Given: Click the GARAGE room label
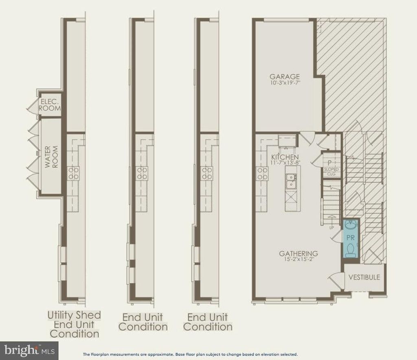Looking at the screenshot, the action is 285,76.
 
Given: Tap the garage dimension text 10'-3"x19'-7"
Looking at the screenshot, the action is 285,82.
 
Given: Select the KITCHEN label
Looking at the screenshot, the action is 285,157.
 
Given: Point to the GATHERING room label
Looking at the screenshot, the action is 298,253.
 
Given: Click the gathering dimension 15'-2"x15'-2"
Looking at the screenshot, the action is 299,259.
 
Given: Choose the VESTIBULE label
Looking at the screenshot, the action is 364,277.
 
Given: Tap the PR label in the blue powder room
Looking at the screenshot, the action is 351,237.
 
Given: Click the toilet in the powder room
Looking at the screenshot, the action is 350,251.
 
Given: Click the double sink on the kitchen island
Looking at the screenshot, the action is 292,181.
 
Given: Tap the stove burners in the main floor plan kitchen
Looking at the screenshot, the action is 262,173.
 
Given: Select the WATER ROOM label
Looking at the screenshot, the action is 51,157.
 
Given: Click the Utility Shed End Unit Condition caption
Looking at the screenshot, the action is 74,324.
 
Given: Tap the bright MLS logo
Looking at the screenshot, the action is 29,350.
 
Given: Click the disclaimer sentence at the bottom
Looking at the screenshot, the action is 191,354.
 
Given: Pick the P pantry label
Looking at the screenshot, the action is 329,163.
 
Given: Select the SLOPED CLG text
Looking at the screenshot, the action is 331,172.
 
